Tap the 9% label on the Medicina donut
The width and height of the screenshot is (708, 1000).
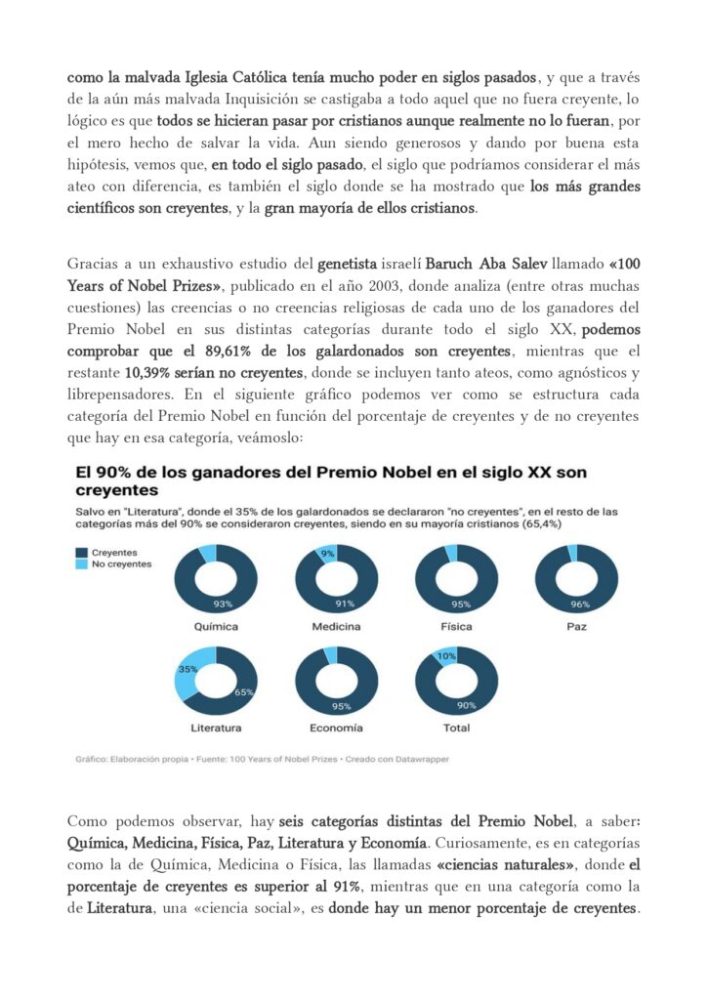[x=327, y=554]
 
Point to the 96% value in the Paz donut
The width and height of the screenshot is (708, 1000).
[x=580, y=605]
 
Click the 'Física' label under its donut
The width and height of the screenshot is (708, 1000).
[x=456, y=626]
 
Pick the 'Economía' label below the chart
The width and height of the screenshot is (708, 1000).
[x=336, y=728]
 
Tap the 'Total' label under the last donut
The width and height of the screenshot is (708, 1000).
[x=456, y=728]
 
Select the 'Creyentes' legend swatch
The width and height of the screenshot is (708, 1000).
[x=81, y=552]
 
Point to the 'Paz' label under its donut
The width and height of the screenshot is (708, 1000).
[x=576, y=626]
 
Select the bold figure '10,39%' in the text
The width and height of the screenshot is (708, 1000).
[x=150, y=372]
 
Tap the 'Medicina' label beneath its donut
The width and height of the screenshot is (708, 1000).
[x=336, y=626]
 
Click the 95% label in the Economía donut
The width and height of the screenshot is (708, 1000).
[x=341, y=707]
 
